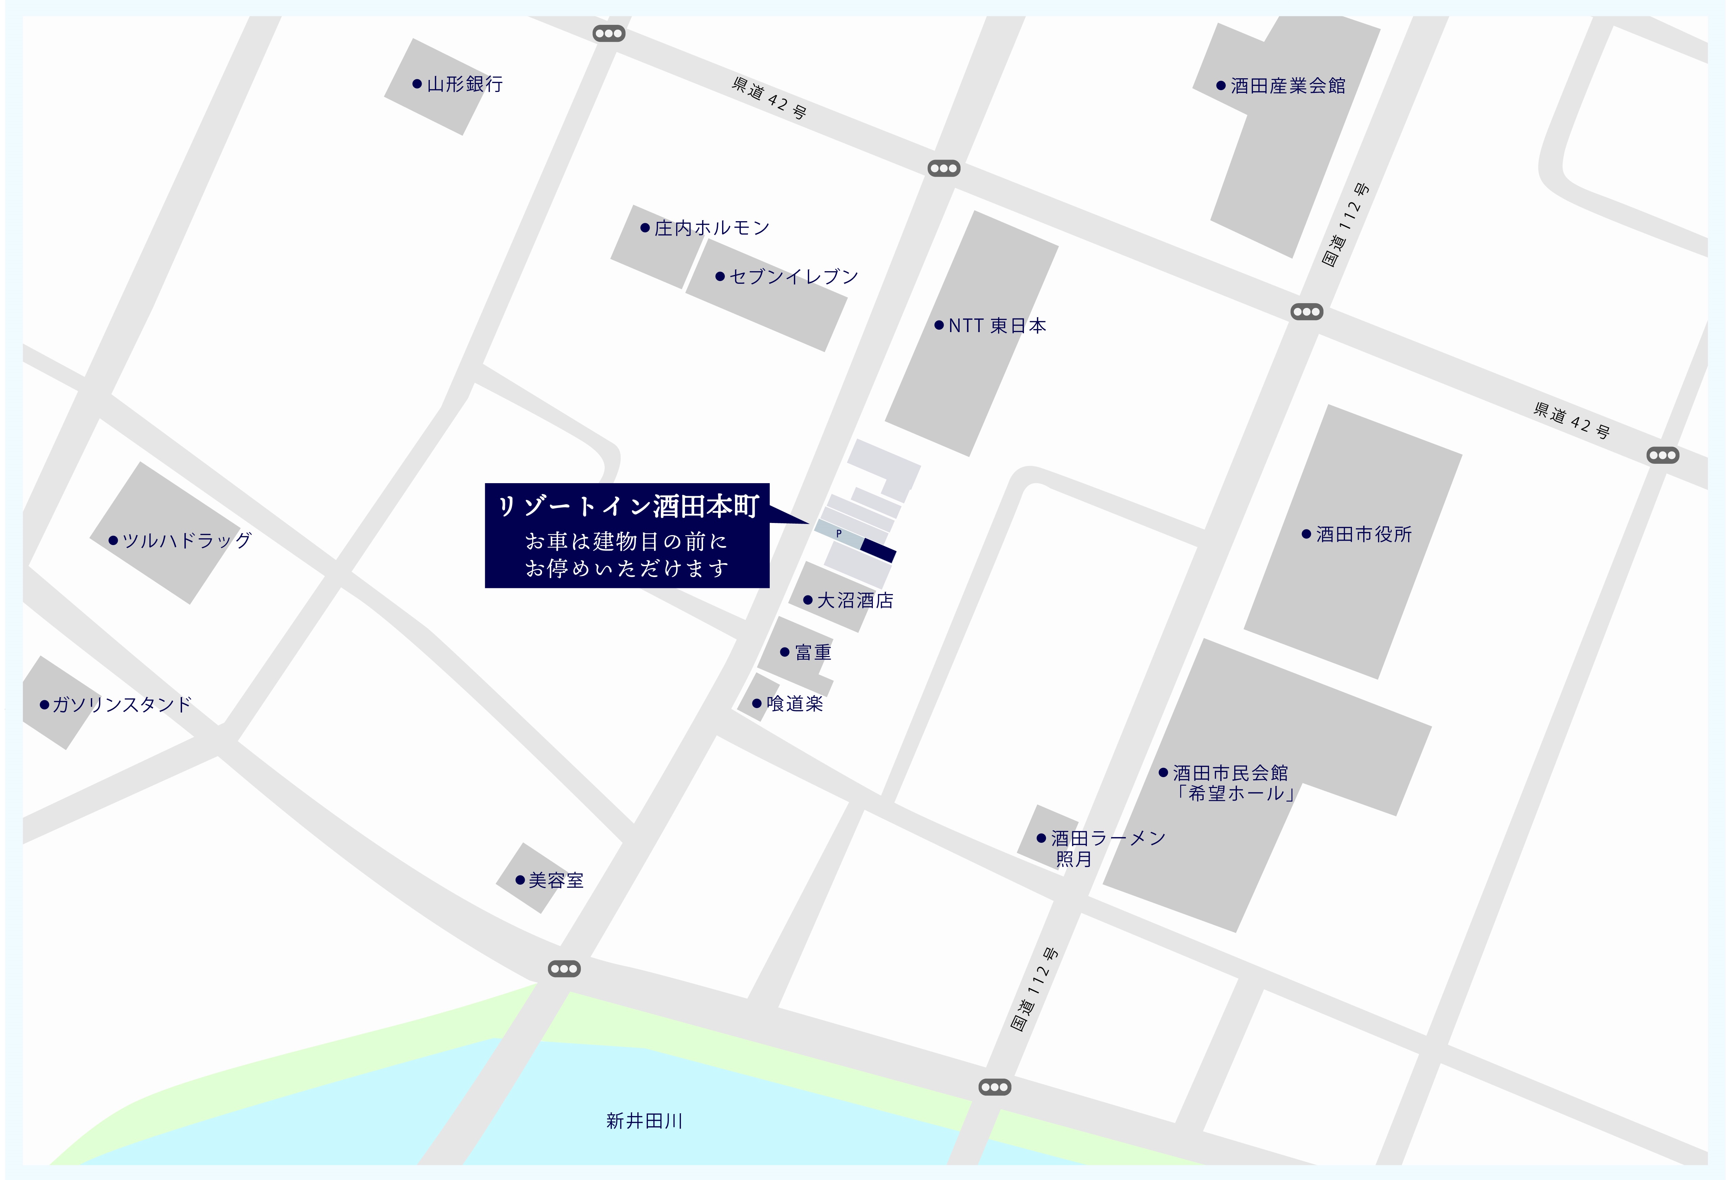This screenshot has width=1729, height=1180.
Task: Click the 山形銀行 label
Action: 464,84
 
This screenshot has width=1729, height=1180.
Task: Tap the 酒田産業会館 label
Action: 1287,86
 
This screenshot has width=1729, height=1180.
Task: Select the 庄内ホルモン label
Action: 711,228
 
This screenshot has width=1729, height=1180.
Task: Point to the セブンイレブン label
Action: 793,277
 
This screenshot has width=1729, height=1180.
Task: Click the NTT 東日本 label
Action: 997,326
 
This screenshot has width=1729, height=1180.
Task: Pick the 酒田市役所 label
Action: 1363,534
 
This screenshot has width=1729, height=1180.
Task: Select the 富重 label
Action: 812,653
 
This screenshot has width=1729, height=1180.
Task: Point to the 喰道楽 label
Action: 795,704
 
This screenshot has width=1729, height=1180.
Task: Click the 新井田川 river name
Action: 644,1120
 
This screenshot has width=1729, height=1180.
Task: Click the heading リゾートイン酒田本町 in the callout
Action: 627,507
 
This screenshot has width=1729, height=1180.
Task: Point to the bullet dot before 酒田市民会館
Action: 1163,772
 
